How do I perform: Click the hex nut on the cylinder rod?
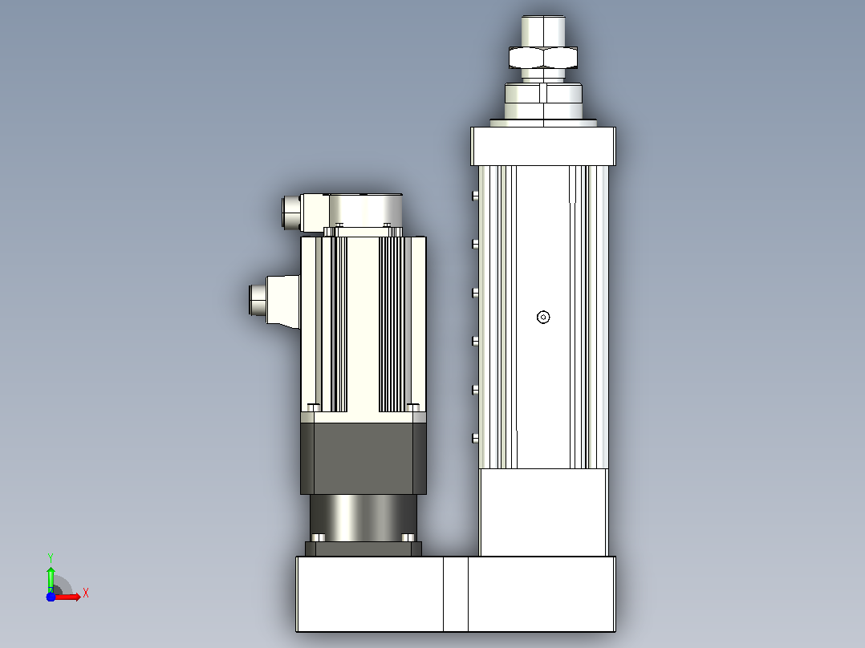(x=543, y=58)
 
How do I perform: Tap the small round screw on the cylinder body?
(x=543, y=317)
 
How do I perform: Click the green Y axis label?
(x=51, y=557)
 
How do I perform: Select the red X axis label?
(x=86, y=593)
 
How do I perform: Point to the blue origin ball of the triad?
(x=51, y=597)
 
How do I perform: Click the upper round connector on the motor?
(x=291, y=213)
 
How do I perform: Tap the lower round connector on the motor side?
(x=258, y=300)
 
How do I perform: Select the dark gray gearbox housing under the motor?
(x=363, y=458)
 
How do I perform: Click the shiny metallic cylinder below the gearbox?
(x=363, y=517)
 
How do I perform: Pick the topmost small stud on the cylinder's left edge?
(x=475, y=195)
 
